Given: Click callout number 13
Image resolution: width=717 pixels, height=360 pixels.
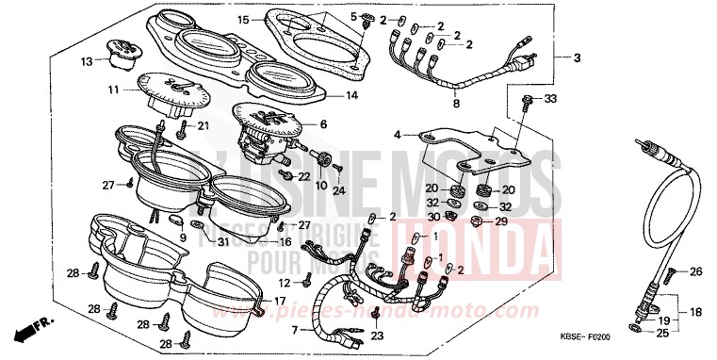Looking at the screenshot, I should pyautogui.click(x=86, y=62).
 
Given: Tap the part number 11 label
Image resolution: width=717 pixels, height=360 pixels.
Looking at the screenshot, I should pyautogui.click(x=112, y=90).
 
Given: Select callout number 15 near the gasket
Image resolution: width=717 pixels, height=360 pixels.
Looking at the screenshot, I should pyautogui.click(x=243, y=19).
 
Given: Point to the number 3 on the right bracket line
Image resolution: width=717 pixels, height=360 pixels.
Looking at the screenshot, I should pyautogui.click(x=576, y=58).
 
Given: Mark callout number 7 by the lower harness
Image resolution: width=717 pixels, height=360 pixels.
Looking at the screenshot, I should pyautogui.click(x=294, y=331).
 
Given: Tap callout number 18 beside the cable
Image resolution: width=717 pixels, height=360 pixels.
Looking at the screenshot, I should pyautogui.click(x=698, y=311).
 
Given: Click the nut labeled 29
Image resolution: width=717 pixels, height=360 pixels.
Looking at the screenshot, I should pyautogui.click(x=477, y=221).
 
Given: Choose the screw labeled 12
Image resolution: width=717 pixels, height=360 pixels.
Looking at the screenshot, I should pyautogui.click(x=308, y=279).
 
